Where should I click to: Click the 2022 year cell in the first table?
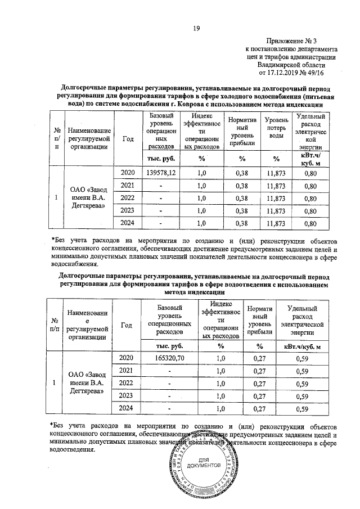click(128, 199)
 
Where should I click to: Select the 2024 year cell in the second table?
click(128, 408)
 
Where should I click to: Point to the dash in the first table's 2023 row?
click(161, 211)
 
